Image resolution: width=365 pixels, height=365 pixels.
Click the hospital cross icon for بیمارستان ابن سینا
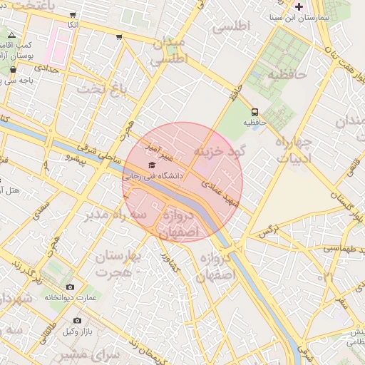299,6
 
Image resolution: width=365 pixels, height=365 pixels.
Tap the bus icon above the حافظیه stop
255,112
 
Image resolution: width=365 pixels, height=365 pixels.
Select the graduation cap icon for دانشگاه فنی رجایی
150,165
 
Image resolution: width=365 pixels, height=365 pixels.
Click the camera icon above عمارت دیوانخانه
69,287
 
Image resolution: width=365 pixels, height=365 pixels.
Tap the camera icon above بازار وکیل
77,321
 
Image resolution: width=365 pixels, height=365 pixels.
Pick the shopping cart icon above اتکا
73,15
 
